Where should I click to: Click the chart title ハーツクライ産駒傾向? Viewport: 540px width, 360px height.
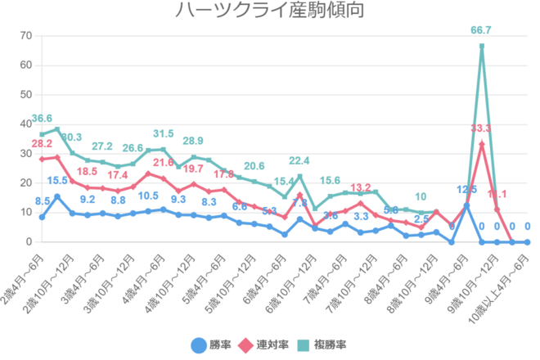click(x=269, y=11)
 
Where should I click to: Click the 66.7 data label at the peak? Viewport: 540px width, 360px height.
click(x=482, y=31)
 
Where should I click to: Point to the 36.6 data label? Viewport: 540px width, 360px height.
click(x=42, y=119)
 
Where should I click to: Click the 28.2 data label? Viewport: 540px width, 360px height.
click(x=42, y=144)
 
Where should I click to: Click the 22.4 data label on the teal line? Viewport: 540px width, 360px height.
click(x=299, y=161)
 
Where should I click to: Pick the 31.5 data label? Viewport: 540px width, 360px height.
click(x=164, y=134)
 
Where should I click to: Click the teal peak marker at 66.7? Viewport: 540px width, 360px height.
click(x=482, y=46)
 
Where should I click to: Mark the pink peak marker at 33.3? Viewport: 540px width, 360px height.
click(x=482, y=144)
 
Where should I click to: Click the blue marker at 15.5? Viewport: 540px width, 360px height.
click(x=56, y=196)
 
